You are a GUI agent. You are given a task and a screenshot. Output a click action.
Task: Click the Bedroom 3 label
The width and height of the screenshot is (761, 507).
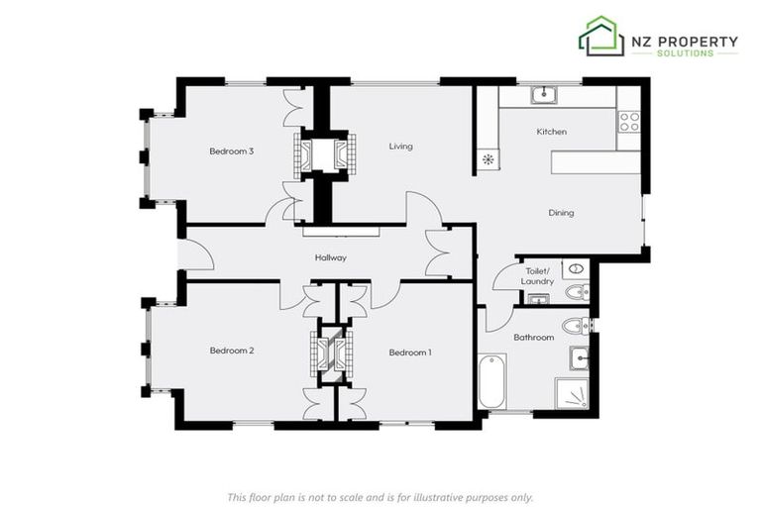pos(232,152)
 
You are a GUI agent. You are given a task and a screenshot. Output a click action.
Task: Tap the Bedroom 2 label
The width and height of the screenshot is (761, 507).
pos(232,351)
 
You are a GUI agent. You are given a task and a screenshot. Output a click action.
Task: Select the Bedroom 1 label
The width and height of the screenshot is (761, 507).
pos(409,353)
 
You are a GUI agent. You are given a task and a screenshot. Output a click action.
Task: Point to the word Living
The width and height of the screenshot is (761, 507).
pos(400,147)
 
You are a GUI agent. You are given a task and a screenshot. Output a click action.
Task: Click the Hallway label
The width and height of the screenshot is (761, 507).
pos(330,257)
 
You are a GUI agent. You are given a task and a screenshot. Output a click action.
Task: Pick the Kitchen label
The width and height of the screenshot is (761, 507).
pos(551,132)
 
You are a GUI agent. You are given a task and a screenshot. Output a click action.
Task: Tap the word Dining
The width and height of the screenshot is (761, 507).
pos(561,213)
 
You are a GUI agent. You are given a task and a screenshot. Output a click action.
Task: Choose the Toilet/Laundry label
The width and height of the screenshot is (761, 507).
pos(537,275)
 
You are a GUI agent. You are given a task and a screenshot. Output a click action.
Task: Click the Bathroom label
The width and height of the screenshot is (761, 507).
pos(533,338)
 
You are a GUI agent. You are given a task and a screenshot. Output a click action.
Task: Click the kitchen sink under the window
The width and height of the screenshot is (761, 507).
pos(543,95)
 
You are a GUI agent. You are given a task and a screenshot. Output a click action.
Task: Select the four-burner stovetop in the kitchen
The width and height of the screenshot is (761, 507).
pos(628,121)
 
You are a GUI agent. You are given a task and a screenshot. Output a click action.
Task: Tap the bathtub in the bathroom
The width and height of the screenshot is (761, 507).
pos(492,380)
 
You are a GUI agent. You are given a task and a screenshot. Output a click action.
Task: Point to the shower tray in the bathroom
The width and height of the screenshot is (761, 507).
pos(572,392)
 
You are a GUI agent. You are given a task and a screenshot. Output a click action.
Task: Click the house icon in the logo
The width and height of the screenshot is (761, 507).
pos(600,37)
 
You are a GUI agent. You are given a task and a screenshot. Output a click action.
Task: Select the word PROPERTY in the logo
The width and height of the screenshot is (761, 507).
pos(699,42)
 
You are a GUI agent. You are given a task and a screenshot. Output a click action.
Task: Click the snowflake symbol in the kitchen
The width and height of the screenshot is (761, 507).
pos(488,158)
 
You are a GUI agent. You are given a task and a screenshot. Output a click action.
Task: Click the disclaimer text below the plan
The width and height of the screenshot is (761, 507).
pos(380,496)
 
